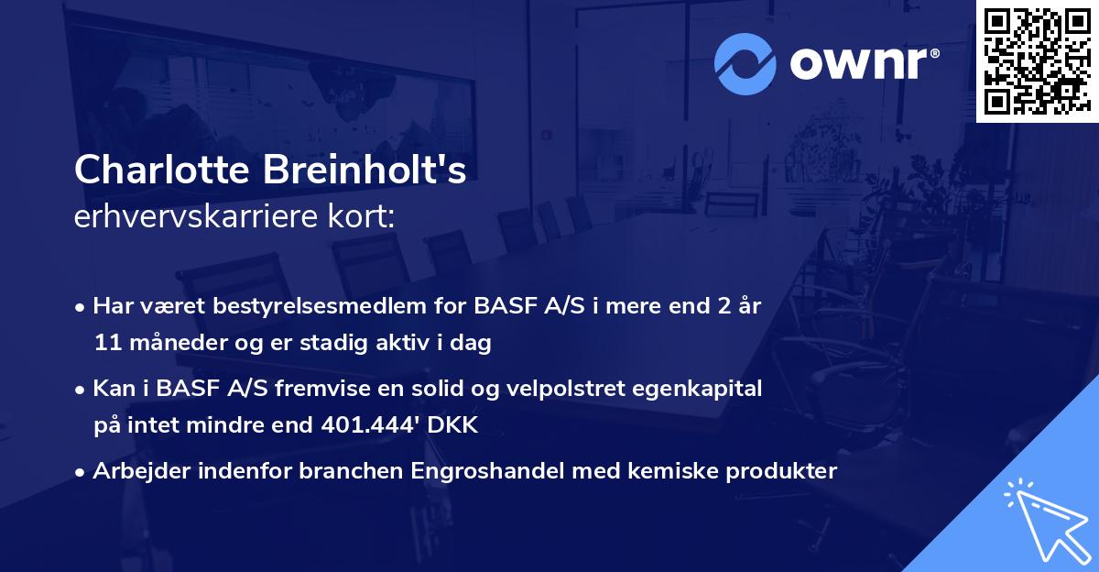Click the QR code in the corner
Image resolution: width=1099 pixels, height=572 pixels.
tap(1037, 61)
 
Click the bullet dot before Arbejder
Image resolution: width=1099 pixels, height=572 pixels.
tap(82, 472)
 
